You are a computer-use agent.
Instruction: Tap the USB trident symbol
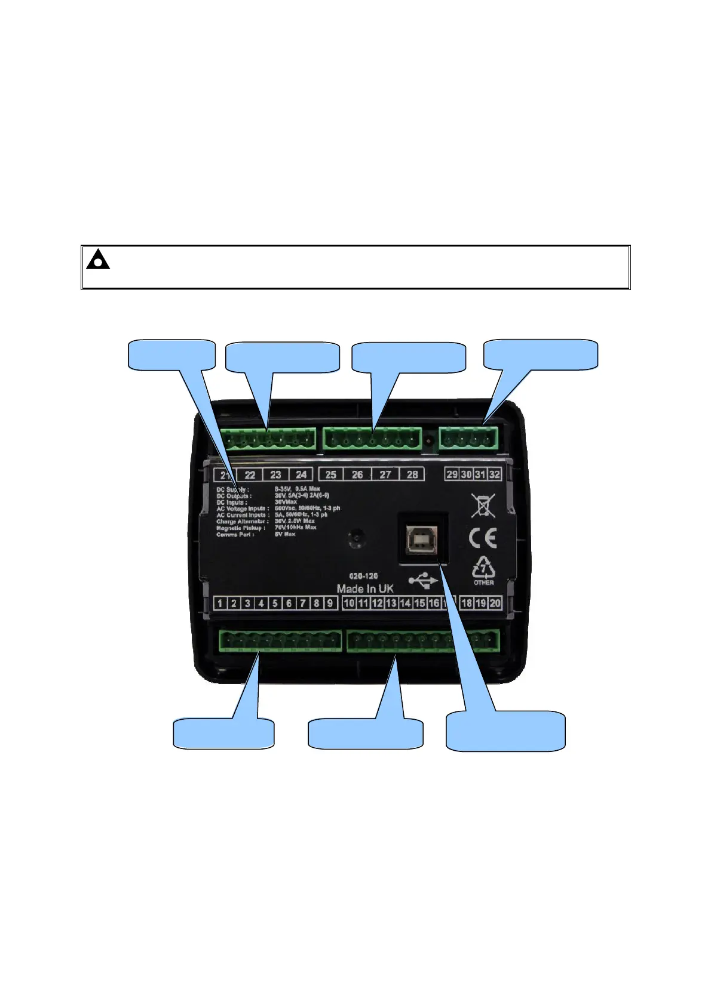(x=423, y=579)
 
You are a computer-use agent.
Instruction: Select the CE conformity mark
(x=483, y=539)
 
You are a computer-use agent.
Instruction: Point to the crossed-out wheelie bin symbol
(x=483, y=505)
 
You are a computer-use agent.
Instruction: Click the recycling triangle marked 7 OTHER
(x=483, y=571)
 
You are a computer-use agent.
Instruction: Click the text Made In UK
(x=365, y=588)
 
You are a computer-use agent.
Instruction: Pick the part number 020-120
(x=363, y=576)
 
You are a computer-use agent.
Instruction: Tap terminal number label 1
(x=220, y=603)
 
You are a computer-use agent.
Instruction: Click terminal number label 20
(x=495, y=603)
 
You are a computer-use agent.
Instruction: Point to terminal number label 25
(x=331, y=474)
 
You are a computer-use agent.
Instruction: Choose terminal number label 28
(x=412, y=474)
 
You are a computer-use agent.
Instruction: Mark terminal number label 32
(x=494, y=474)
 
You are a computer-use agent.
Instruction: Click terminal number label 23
(x=275, y=474)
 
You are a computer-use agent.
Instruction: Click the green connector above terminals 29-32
(x=469, y=439)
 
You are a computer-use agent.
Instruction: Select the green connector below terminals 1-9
(x=280, y=640)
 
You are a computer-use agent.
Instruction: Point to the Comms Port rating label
(x=235, y=535)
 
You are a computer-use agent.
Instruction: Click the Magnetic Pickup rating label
(x=241, y=528)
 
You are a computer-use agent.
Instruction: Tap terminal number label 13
(x=391, y=603)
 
